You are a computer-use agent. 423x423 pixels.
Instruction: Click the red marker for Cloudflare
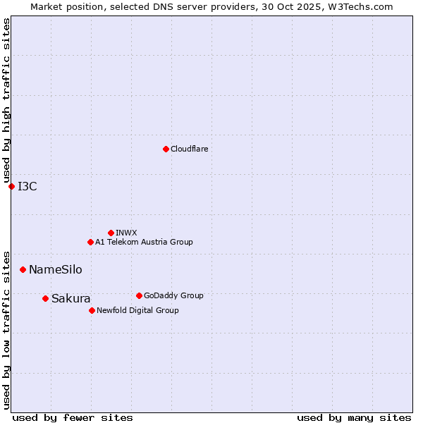tap(166, 149)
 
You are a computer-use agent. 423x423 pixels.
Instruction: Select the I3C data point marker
tap(11, 186)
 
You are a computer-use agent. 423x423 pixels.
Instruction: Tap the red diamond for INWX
tap(111, 233)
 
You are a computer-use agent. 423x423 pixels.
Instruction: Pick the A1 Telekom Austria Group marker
tap(90, 242)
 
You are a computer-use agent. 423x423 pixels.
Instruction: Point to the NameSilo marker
tap(23, 269)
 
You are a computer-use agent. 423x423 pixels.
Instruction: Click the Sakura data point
tap(45, 298)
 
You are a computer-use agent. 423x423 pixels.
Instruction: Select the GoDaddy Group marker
tap(139, 295)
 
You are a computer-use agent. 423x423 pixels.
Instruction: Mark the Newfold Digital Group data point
tap(92, 310)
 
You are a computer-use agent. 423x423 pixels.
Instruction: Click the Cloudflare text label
tap(190, 149)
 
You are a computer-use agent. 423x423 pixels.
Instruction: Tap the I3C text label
tap(27, 186)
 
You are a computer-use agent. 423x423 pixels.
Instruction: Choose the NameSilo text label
tap(55, 269)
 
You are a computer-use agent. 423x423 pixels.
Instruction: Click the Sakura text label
tap(70, 298)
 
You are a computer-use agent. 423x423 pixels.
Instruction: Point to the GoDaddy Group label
tap(173, 295)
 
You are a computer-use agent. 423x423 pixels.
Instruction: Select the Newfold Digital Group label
tap(137, 310)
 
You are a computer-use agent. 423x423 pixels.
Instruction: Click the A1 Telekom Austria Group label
tap(144, 242)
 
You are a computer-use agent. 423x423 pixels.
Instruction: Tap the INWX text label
tap(126, 233)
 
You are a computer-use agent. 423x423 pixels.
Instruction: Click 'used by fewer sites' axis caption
tap(73, 417)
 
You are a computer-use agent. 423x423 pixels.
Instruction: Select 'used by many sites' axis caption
tap(354, 417)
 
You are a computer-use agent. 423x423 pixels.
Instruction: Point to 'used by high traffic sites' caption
tap(6, 100)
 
